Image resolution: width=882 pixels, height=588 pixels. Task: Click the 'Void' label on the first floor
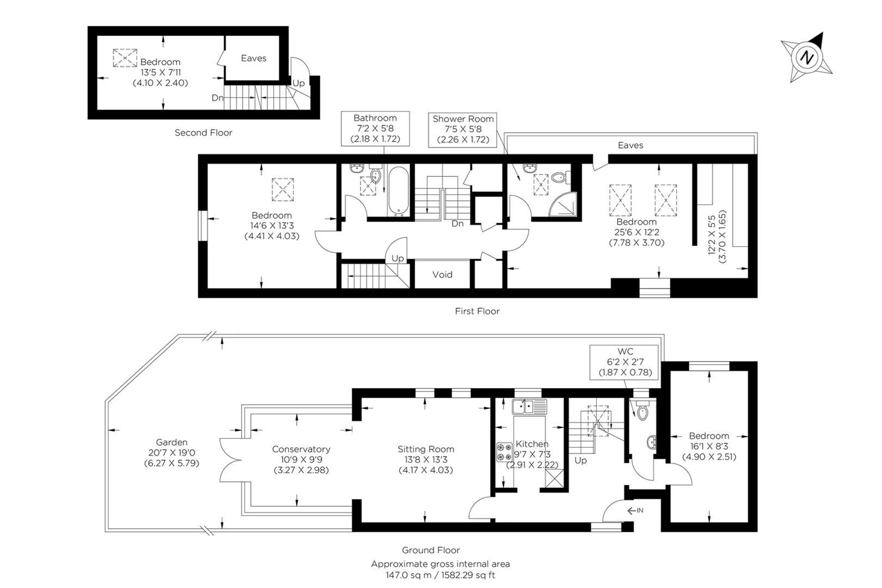point(442,274)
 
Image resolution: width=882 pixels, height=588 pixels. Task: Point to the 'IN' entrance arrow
point(635,510)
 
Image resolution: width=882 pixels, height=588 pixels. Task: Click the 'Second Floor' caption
point(203,132)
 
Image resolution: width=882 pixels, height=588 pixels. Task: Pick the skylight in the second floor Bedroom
point(125,58)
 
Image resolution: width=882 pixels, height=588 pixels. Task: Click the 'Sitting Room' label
point(426,449)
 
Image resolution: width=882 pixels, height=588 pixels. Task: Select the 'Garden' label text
point(171,443)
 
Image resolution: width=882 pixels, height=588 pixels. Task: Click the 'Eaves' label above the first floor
point(630,145)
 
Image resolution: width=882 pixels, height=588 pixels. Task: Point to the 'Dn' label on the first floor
point(457,223)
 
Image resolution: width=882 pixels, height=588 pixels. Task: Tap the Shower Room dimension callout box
point(463,129)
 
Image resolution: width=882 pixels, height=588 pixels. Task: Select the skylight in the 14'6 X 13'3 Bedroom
point(283,189)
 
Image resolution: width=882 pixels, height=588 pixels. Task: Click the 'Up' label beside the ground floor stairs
point(580,460)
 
